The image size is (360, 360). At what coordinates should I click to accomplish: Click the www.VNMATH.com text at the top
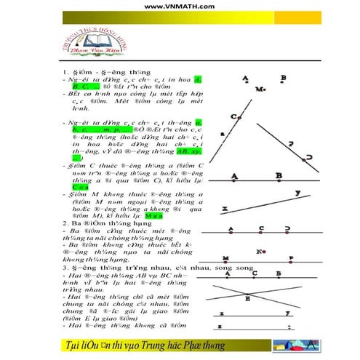point(180,7)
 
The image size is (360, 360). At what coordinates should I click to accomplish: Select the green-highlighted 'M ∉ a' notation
point(153,216)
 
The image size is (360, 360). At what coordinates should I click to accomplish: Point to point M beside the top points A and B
point(260,89)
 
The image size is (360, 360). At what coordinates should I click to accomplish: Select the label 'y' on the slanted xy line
point(297,193)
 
